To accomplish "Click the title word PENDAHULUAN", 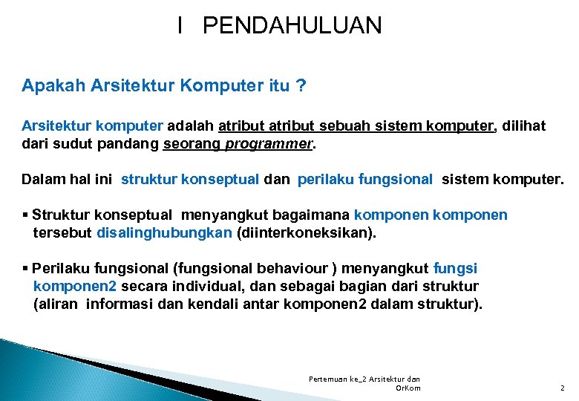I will tap(292, 26).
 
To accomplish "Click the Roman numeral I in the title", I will tap(180, 26).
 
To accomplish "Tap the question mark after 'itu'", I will tap(301, 85).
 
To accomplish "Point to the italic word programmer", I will tap(268, 144).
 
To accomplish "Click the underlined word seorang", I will tap(191, 144).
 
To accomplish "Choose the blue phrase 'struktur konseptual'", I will tap(189, 179).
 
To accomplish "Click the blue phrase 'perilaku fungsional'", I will tap(364, 179).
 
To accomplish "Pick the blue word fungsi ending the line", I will tap(455, 268).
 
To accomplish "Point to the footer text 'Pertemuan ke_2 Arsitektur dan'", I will tap(364, 379).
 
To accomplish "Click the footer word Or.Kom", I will tap(408, 388).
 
